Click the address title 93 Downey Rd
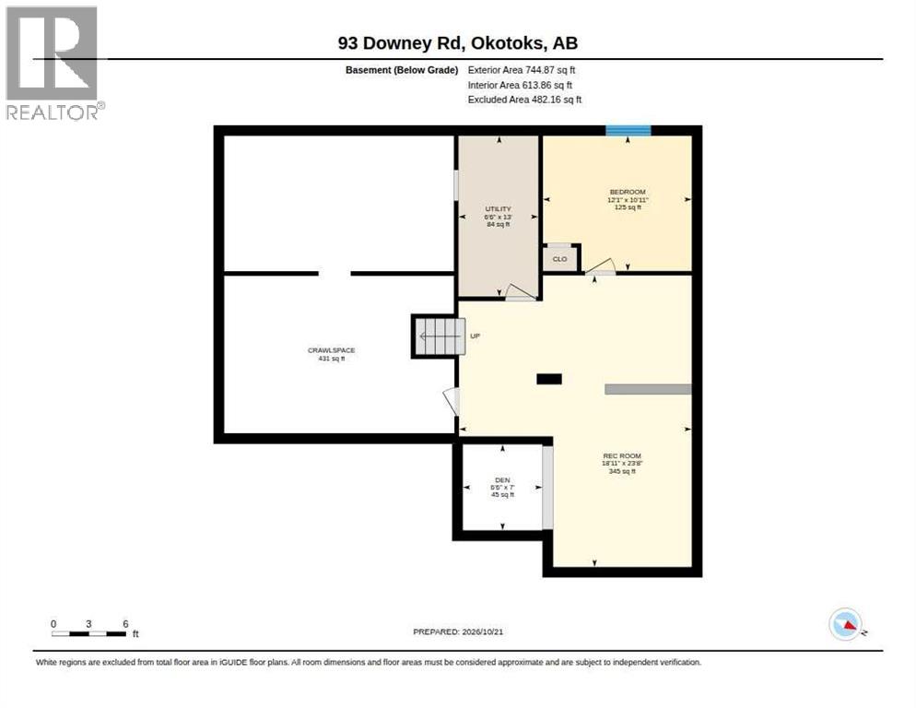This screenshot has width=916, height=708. point(400,43)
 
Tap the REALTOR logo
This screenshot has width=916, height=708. point(54,63)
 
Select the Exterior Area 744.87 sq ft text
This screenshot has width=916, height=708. point(521,70)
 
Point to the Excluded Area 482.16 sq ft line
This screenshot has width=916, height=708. point(524,100)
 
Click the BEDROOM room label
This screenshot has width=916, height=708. point(628,193)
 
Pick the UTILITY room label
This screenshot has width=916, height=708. point(499,208)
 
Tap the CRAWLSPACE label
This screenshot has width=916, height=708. point(331,350)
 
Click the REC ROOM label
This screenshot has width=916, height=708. point(622,456)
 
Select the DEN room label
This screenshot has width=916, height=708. point(502,480)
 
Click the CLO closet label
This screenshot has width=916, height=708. point(559,259)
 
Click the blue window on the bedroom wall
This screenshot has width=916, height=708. point(628,130)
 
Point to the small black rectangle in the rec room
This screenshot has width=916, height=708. point(549,379)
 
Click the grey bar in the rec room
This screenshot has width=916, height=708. point(649,389)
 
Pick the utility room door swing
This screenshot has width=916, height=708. point(521,292)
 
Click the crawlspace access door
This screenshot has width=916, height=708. point(452,402)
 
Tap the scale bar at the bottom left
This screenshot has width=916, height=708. point(88,633)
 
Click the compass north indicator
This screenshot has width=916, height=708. point(845,624)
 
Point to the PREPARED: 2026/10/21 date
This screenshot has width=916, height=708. point(458,632)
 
